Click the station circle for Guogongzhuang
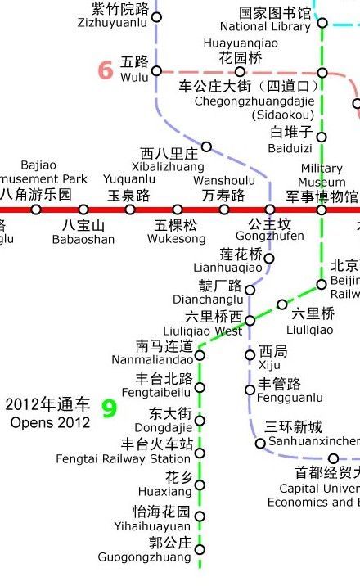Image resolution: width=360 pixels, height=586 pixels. pyautogui.click(x=200, y=548)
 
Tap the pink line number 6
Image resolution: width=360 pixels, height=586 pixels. pyautogui.click(x=106, y=70)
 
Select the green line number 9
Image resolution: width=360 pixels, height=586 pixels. pyautogui.click(x=108, y=408)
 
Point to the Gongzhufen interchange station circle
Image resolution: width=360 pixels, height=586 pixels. pyautogui.click(x=270, y=210)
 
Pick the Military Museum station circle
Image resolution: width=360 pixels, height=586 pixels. pyautogui.click(x=322, y=210)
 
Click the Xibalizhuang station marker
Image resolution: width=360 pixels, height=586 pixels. pyautogui.click(x=206, y=147)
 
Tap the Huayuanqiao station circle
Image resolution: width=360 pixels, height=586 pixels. pyautogui.click(x=240, y=72)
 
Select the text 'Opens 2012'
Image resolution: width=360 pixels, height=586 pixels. pyautogui.click(x=51, y=423)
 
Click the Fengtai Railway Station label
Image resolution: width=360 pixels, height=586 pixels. pyautogui.click(x=124, y=459)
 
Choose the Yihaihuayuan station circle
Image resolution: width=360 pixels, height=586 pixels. pyautogui.click(x=200, y=516)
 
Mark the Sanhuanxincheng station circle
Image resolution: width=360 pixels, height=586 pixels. pyautogui.click(x=260, y=444)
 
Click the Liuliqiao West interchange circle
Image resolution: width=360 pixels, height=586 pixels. pyautogui.click(x=250, y=320)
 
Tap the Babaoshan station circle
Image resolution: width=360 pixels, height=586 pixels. pyautogui.click(x=83, y=210)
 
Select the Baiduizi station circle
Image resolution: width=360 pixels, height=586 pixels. pyautogui.click(x=322, y=137)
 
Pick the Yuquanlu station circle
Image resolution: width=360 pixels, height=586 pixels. pyautogui.click(x=130, y=210)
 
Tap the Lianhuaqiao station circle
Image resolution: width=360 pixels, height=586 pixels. pyautogui.click(x=269, y=259)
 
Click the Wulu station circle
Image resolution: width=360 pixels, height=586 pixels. pyautogui.click(x=156, y=70)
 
